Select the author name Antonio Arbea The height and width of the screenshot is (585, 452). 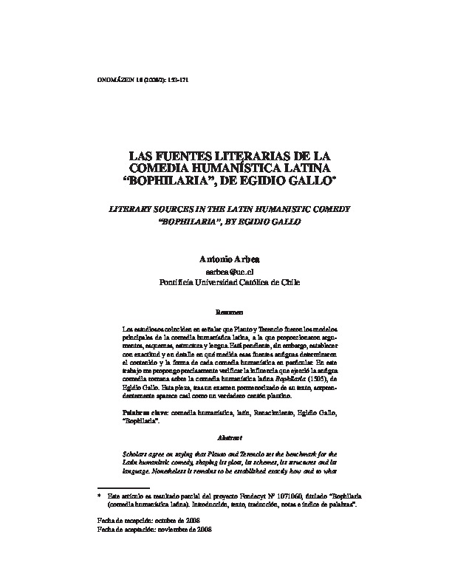point(225,259)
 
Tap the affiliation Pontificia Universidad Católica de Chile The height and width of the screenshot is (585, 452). point(225,282)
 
